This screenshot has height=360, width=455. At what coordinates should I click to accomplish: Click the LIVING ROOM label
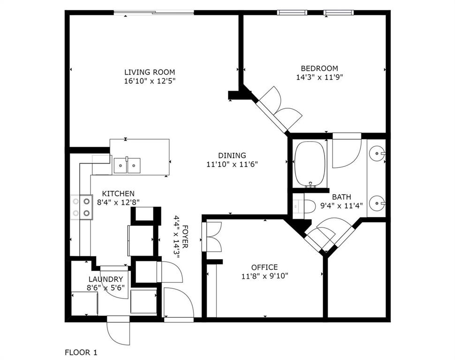click(149, 72)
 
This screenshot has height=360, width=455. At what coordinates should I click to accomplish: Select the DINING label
click(232, 156)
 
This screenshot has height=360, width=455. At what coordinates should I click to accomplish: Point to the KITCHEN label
click(118, 194)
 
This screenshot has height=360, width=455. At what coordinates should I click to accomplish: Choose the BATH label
click(341, 197)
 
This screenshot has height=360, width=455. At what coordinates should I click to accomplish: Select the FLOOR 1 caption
click(81, 352)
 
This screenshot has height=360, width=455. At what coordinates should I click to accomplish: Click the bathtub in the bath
click(310, 164)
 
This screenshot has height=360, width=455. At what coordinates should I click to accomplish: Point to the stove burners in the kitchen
click(81, 207)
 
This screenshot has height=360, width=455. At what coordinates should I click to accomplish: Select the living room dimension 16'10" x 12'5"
click(149, 81)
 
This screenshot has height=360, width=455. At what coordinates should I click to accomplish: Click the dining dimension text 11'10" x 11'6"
click(232, 164)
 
